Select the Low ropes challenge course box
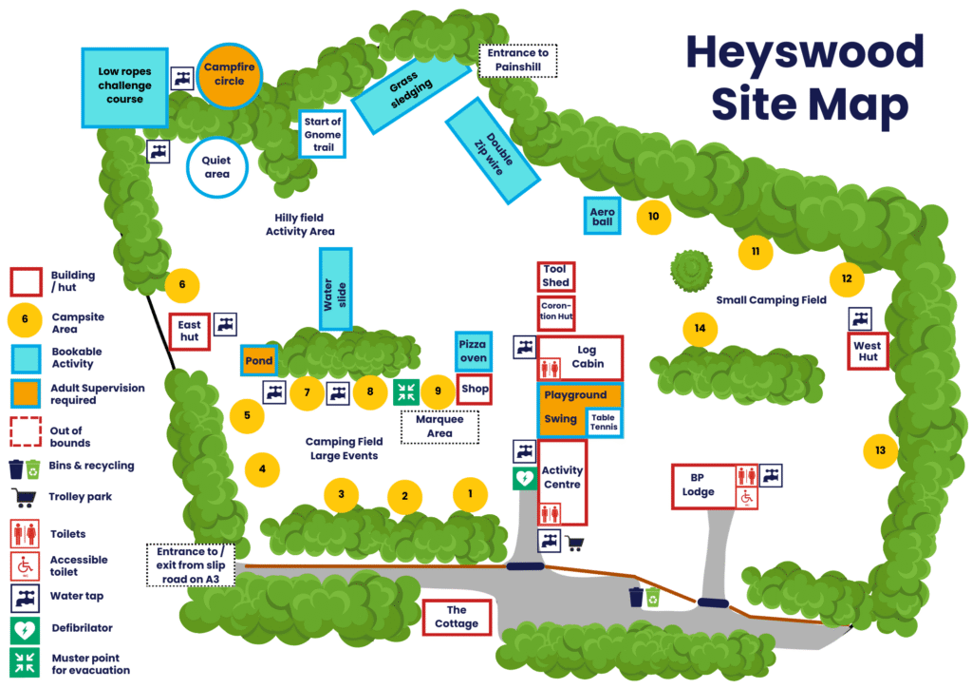124,86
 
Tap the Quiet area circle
216,167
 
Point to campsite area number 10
653,217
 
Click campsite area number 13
880,450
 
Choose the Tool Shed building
555,276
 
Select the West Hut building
867,352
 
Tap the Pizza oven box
473,351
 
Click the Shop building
474,389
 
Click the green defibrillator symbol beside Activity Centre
524,478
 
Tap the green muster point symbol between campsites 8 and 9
406,391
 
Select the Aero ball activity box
602,216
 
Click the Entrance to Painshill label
517,61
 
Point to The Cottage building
457,617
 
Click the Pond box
257,361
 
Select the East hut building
189,331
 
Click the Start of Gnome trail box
322,135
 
